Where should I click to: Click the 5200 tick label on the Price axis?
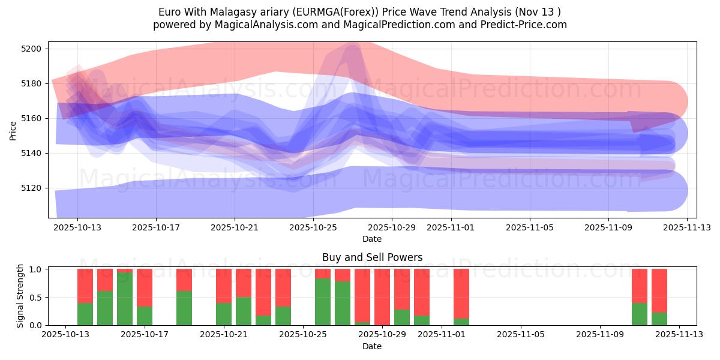point(31,49)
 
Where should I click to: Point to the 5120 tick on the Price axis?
point(31,188)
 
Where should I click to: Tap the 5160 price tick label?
point(31,118)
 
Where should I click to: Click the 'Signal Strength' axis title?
point(20,296)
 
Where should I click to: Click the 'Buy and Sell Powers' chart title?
point(372,257)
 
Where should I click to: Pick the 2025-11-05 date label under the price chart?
point(530,227)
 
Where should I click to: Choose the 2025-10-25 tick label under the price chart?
point(313,227)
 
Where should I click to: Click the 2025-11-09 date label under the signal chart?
point(599,335)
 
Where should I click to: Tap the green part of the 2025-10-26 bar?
point(323,302)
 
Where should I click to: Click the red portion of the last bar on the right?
point(659,290)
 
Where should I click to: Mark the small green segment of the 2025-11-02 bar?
point(461,322)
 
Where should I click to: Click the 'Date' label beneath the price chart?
point(372,239)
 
